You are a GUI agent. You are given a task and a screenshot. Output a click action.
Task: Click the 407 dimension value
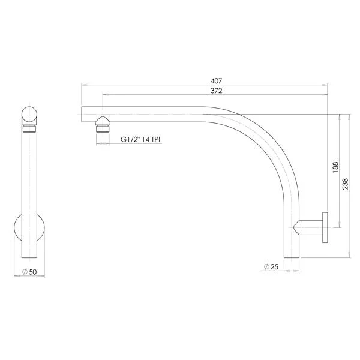(x=216, y=81)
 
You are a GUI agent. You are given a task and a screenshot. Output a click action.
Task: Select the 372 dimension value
(x=216, y=91)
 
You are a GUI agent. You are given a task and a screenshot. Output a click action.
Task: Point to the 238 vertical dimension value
(x=346, y=184)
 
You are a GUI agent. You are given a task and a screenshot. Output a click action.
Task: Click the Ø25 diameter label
(x=271, y=267)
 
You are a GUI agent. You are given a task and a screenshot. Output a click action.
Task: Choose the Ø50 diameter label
(x=29, y=272)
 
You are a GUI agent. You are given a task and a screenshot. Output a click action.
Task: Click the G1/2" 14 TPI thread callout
(x=140, y=139)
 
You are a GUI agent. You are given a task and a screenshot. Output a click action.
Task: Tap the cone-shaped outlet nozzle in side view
(x=103, y=121)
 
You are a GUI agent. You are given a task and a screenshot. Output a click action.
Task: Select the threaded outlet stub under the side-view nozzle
(x=103, y=128)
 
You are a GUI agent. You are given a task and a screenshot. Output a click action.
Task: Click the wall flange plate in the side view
(x=325, y=227)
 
